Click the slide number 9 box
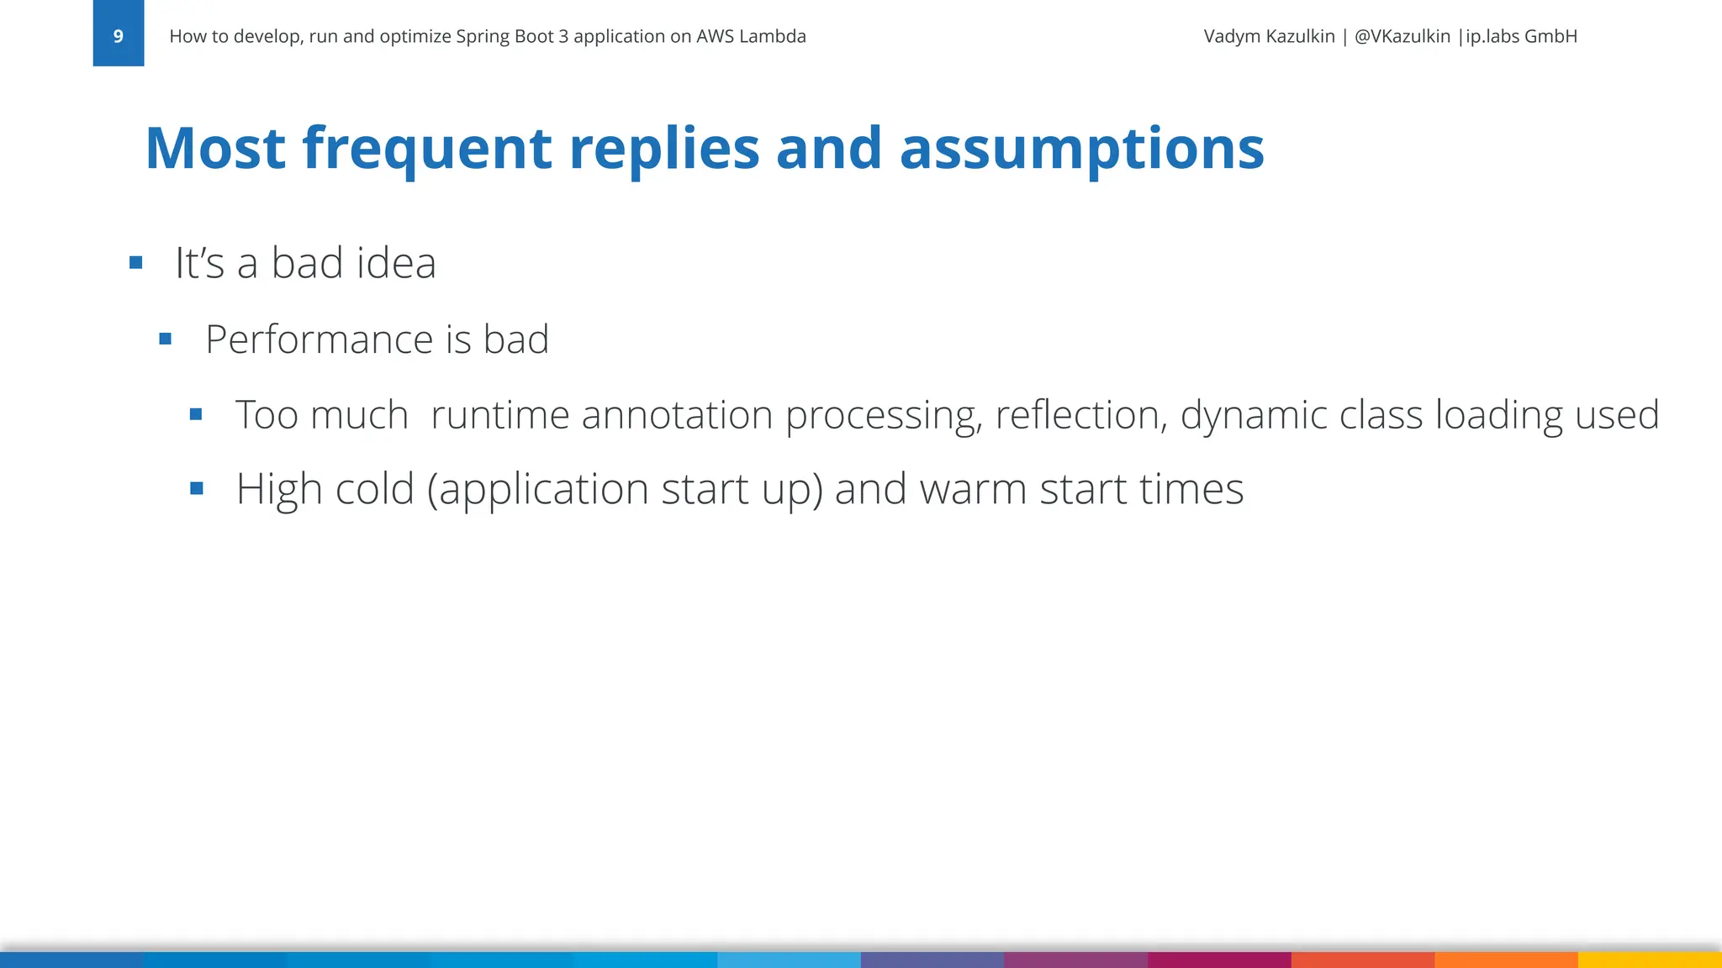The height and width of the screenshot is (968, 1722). pos(118,34)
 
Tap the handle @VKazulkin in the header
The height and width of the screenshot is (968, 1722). pos(1402,36)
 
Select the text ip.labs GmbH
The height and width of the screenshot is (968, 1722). pos(1521,36)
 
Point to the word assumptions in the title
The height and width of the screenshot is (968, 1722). pos(1081,149)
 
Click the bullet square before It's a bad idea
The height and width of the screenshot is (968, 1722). pos(136,263)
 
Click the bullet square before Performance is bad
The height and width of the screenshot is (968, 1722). pos(166,339)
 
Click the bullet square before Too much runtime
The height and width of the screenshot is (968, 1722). pos(196,414)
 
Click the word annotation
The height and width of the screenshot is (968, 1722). pos(677,415)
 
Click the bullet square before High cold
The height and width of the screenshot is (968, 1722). pos(197,488)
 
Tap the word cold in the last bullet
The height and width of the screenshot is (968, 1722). pos(374,489)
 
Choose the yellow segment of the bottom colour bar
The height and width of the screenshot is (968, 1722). pos(1650,960)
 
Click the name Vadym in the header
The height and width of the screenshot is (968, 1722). pos(1231,36)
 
